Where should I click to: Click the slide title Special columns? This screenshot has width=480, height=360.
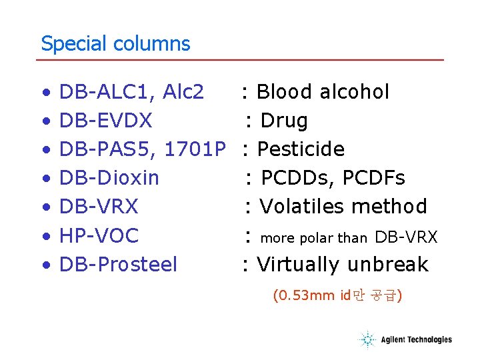click(x=115, y=44)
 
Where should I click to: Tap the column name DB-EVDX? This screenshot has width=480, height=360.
click(x=106, y=121)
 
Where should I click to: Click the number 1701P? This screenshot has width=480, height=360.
click(x=195, y=149)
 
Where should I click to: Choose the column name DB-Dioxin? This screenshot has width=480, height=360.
click(x=109, y=178)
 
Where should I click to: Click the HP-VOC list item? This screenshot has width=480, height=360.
click(x=99, y=236)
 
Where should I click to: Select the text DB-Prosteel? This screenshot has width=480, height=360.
click(x=119, y=265)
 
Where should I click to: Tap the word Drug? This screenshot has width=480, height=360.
click(x=284, y=121)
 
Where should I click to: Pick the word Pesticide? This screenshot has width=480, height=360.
click(x=301, y=149)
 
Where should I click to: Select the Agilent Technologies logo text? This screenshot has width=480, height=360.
click(x=416, y=340)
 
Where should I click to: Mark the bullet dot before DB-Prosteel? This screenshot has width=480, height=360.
click(x=45, y=265)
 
